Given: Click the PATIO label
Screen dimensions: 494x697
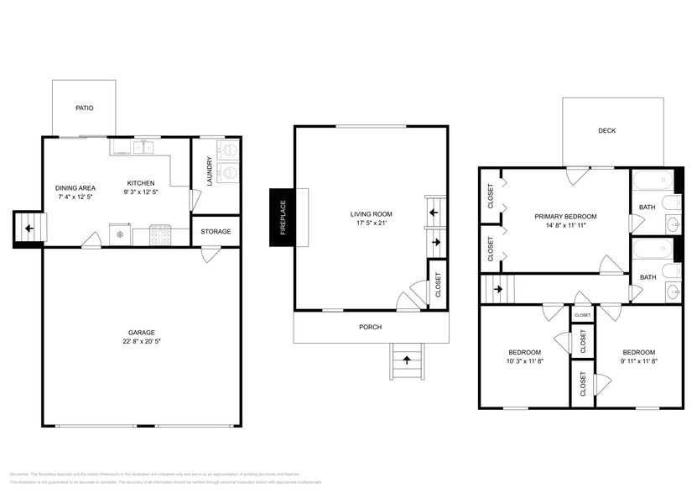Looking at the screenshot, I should click(84, 108).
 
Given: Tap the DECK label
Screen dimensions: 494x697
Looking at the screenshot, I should click(606, 131).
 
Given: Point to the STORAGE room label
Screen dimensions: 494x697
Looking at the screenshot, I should click(215, 231).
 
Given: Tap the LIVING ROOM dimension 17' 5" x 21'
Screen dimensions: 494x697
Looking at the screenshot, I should click(371, 224).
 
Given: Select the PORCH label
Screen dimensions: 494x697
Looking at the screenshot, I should click(371, 328).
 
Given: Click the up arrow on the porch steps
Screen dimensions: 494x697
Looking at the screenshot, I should click(408, 360).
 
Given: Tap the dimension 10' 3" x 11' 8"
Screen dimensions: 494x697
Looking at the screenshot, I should click(525, 362).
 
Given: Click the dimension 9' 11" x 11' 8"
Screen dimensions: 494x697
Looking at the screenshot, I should click(637, 362).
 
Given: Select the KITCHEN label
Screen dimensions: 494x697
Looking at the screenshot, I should click(141, 184).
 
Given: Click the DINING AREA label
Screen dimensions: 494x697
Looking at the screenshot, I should click(75, 188).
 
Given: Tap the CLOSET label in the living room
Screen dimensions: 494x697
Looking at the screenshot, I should click(437, 286).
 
